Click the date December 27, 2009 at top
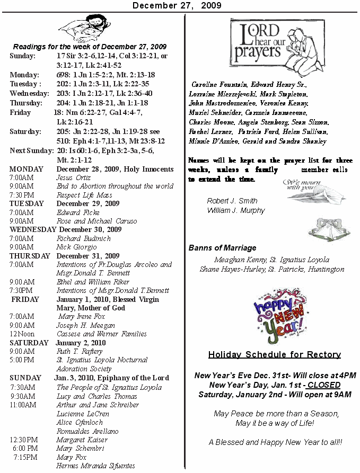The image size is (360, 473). pos(177,5)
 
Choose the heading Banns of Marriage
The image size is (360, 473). pos(222,248)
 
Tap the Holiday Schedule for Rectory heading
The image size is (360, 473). pos(274,355)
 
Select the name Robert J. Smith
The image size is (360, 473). pos(232,201)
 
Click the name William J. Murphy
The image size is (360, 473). pos(236,210)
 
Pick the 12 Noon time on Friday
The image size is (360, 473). pos(22,334)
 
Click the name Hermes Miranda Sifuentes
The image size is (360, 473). pos(95,466)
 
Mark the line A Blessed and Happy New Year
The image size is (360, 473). pos(275,442)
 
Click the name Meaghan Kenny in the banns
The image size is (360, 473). pos(236,260)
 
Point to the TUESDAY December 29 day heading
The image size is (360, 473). pos(64,203)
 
